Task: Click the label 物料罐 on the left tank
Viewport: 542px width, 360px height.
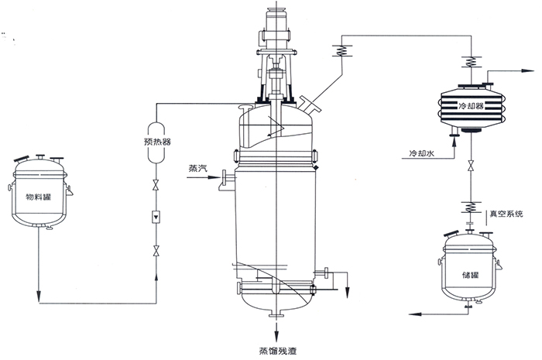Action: [x=40, y=197]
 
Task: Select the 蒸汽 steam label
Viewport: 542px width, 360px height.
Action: [x=198, y=168]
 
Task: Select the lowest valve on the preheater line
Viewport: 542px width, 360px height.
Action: [x=156, y=250]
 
